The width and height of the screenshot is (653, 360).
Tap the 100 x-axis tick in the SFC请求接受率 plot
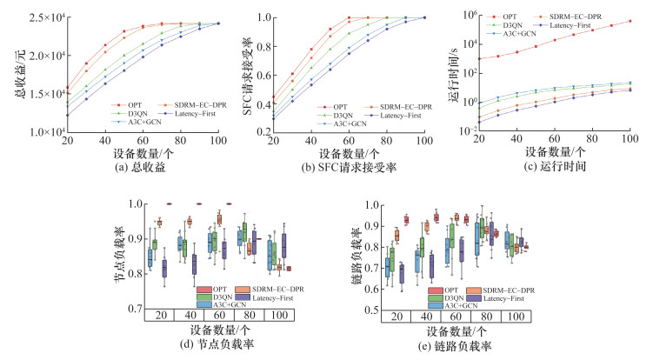tap(424, 141)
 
